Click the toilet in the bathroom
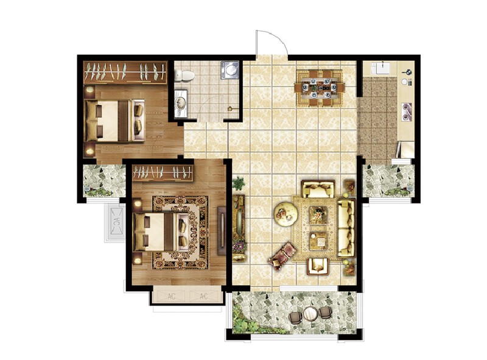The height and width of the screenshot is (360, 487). [x=184, y=76]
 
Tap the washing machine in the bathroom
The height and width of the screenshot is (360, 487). [x=230, y=70]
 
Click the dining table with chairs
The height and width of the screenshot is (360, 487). [x=320, y=88]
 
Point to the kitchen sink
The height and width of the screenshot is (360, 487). [x=382, y=68]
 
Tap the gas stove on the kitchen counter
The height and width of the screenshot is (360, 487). [x=406, y=111]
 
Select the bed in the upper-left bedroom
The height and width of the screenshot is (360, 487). [x=114, y=121]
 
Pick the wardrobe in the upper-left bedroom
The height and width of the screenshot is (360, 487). [x=125, y=72]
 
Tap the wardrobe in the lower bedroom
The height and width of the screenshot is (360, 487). [x=163, y=172]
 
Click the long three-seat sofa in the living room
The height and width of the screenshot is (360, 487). [x=346, y=228]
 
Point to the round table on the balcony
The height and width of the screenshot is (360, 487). [x=310, y=313]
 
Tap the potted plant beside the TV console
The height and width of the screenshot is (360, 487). [x=239, y=183]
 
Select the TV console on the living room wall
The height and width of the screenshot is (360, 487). [x=239, y=228]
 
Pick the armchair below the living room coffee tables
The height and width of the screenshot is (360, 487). [x=318, y=266]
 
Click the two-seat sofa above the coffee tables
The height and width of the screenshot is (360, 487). [x=318, y=189]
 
